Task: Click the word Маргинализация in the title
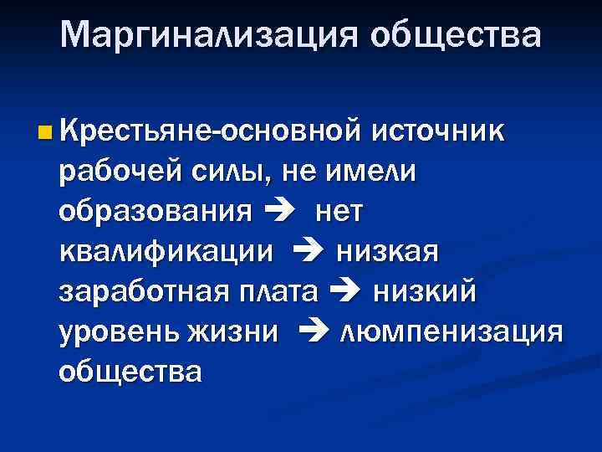209,35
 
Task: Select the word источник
436,131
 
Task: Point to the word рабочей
121,172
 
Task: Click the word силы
242,172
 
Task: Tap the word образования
155,212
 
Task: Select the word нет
339,212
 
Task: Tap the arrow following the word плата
344,292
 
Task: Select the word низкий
424,291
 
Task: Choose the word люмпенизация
452,331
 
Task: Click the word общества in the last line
130,371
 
